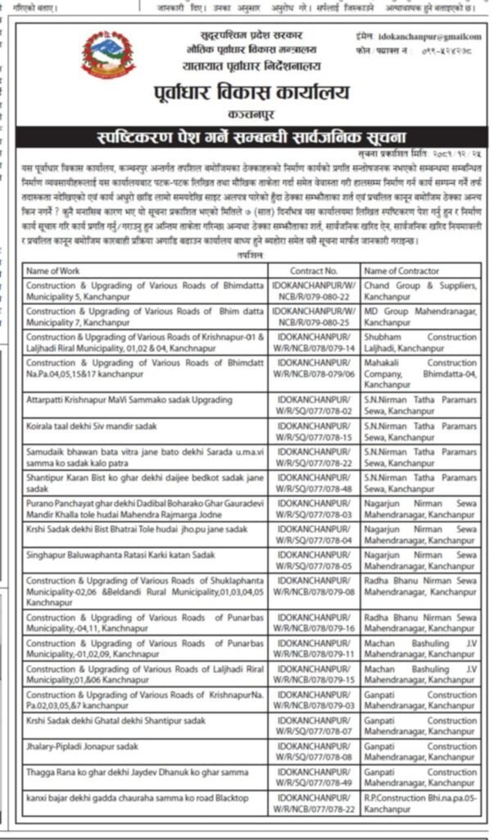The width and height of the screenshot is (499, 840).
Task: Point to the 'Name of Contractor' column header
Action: tap(401, 270)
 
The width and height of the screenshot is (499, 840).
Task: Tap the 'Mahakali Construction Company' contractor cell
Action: tap(419, 373)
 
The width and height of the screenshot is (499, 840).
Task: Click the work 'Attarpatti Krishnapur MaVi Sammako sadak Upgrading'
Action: tap(124, 399)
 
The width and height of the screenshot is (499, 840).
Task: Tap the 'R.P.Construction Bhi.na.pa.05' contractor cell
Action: tap(419, 803)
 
